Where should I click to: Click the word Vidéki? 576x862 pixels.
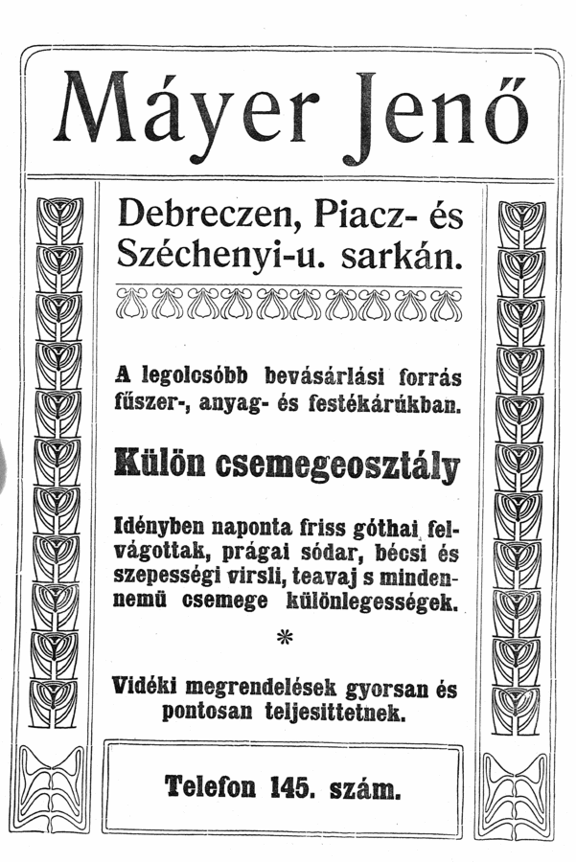click(146, 688)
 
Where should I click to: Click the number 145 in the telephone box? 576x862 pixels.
click(291, 787)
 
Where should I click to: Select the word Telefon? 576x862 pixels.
click(210, 787)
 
